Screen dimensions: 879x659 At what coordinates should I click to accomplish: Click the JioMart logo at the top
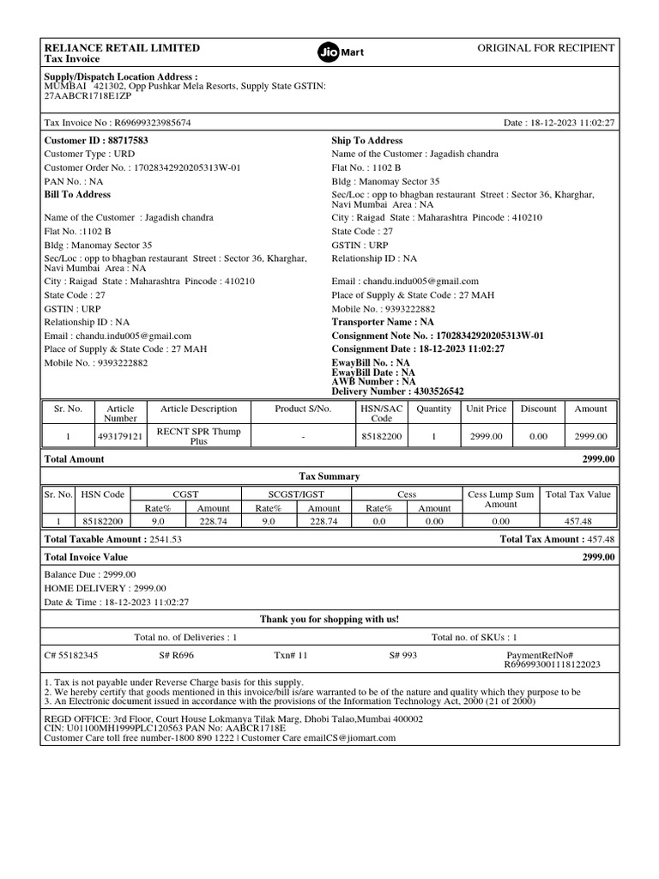[x=341, y=52]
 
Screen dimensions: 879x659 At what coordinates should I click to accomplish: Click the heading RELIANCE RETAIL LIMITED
[x=122, y=48]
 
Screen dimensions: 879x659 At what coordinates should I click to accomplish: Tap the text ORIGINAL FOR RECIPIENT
[x=545, y=48]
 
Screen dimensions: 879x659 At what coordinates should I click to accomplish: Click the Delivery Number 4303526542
[x=397, y=391]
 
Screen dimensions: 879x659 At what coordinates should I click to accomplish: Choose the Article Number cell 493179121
[x=120, y=436]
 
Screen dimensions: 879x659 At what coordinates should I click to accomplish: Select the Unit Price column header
[x=486, y=409]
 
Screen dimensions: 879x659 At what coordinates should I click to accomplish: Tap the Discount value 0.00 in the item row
[x=538, y=436]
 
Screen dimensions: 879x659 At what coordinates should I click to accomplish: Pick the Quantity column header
[x=433, y=409]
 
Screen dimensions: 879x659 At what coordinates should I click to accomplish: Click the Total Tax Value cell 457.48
[x=578, y=521]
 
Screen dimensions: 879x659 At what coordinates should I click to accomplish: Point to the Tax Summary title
[x=329, y=476]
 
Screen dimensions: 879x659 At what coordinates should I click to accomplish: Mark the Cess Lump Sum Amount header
[x=500, y=500]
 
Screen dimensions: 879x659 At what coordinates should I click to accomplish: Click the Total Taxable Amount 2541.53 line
[x=112, y=539]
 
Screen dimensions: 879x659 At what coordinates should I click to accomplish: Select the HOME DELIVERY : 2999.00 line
[x=105, y=588]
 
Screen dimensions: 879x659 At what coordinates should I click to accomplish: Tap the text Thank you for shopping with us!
[x=329, y=619]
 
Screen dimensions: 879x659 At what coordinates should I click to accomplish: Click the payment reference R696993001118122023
[x=552, y=664]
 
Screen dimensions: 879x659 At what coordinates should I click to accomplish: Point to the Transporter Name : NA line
[x=383, y=322]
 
